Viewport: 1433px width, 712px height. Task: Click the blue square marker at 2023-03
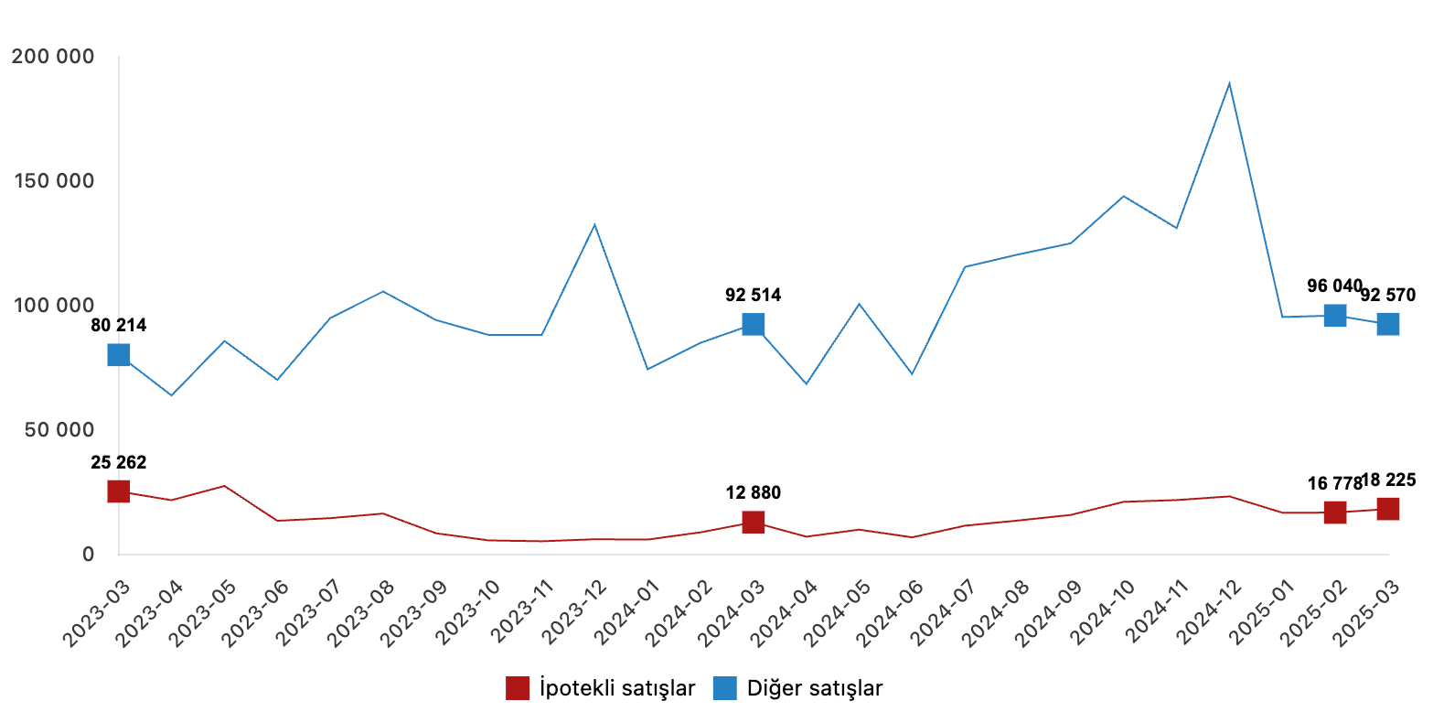(x=118, y=354)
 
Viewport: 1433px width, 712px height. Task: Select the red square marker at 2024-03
(x=753, y=522)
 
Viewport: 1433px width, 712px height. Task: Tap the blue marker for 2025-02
(x=1335, y=315)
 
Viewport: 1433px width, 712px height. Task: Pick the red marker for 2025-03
(x=1387, y=509)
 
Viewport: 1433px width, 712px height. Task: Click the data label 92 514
(x=753, y=295)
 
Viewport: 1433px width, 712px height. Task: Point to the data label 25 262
(x=118, y=462)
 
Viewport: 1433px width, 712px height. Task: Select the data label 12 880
(x=753, y=493)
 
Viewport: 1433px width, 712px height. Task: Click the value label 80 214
(x=118, y=325)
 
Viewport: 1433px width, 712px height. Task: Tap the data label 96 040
(x=1334, y=286)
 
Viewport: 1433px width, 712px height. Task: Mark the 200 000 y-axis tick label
(x=53, y=57)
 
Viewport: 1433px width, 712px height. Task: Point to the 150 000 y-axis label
(x=53, y=181)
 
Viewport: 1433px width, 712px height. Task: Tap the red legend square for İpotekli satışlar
(x=518, y=688)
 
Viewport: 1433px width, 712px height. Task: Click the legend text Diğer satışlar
(x=815, y=688)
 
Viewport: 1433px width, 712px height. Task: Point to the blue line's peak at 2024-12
(x=1229, y=83)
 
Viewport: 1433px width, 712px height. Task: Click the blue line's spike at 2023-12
(x=594, y=224)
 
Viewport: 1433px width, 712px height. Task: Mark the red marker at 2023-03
(x=118, y=491)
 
